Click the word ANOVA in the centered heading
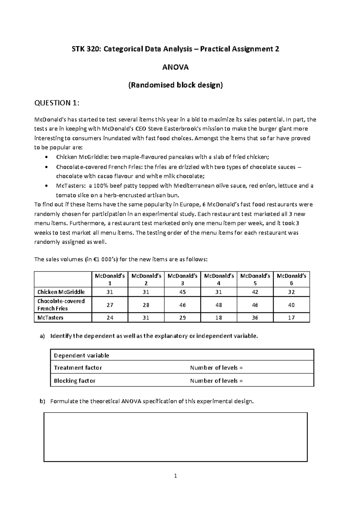[x=175, y=67]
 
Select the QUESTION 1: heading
[x=57, y=103]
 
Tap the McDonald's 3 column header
[x=182, y=279]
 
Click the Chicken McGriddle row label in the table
[x=61, y=292]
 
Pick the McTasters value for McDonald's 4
[x=218, y=318]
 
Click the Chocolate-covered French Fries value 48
[x=218, y=305]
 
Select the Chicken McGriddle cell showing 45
[x=182, y=292]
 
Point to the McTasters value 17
[x=291, y=318]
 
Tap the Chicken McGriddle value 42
[x=255, y=292]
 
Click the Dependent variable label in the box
[x=81, y=355]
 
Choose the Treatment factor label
[x=78, y=368]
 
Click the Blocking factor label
[x=74, y=381]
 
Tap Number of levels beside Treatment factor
[x=216, y=368]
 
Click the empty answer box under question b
[x=175, y=437]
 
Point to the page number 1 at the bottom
[x=175, y=476]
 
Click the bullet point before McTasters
[x=46, y=186]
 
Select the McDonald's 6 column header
[x=291, y=279]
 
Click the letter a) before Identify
[x=42, y=336]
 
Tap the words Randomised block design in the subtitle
[x=175, y=85]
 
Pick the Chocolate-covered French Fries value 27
[x=110, y=305]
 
